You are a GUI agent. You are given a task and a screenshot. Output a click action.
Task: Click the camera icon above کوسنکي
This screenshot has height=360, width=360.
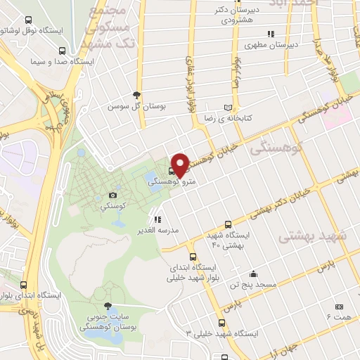click(x=113, y=195)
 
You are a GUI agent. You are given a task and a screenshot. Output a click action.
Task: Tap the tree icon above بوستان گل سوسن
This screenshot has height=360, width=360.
click(x=136, y=95)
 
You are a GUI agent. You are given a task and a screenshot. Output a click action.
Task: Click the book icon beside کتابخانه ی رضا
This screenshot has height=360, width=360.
click(x=226, y=107)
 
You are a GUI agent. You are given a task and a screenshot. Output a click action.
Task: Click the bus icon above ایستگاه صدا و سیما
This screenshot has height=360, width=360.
click(x=63, y=51)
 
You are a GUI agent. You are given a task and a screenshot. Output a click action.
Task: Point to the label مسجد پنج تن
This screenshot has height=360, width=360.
click(x=256, y=285)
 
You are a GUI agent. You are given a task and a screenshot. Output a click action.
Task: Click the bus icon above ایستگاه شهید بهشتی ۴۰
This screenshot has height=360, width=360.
click(x=226, y=224)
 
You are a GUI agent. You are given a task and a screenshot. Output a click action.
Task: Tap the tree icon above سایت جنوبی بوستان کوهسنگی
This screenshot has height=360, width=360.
click(x=107, y=307)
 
